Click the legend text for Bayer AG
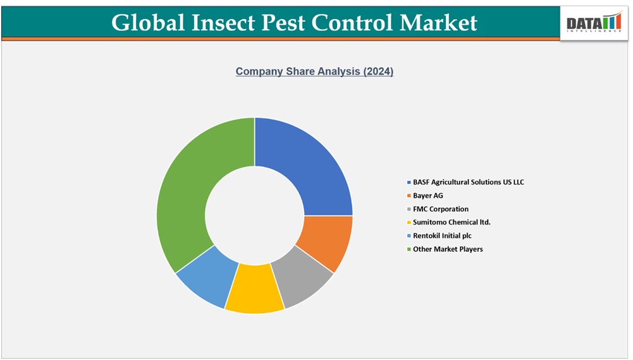pyautogui.click(x=428, y=196)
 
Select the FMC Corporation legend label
pyautogui.click(x=441, y=209)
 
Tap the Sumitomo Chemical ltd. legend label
pyautogui.click(x=452, y=222)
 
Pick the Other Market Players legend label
pyautogui.click(x=448, y=249)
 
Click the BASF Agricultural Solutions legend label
pyautogui.click(x=469, y=182)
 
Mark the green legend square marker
pyautogui.click(x=409, y=249)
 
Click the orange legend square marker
pyautogui.click(x=409, y=196)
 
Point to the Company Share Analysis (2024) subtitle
pyautogui.click(x=314, y=71)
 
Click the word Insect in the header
pyautogui.click(x=228, y=23)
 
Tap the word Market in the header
pyautogui.click(x=438, y=23)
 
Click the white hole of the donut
pyautogui.click(x=255, y=216)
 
